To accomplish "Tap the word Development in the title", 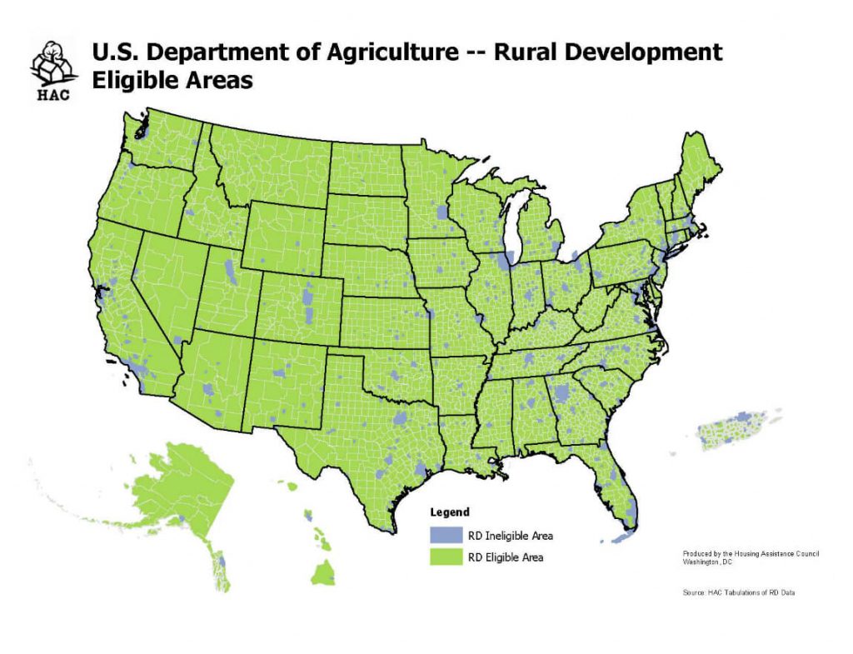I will tap(641, 53).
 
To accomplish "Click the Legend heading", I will tap(450, 512).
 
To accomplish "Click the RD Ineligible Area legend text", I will tap(510, 536).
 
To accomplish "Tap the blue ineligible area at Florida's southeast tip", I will tap(631, 512).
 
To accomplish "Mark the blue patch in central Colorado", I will tap(309, 297).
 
